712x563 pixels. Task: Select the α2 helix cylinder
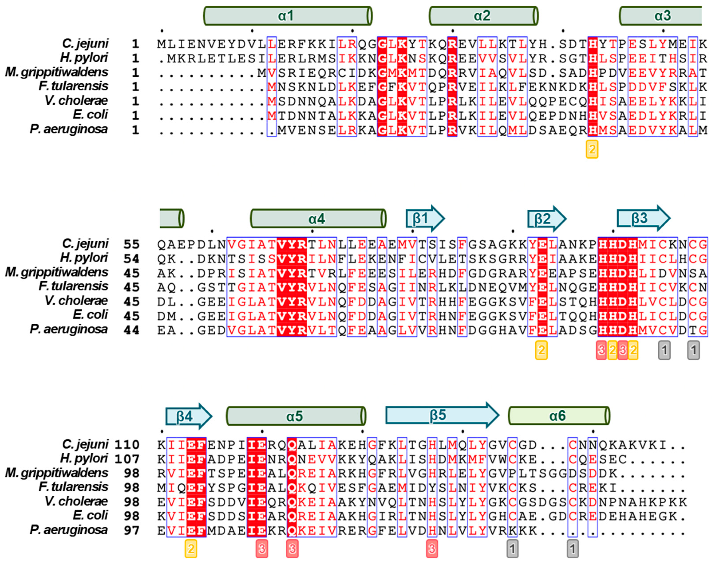point(483,16)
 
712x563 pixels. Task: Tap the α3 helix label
point(663,16)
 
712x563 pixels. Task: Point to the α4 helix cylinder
point(318,219)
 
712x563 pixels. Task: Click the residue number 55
point(131,244)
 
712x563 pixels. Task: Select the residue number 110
point(127,445)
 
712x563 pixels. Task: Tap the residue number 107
point(127,459)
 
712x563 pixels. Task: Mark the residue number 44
point(131,330)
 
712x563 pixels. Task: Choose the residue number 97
point(131,530)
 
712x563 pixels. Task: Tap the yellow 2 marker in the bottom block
point(191,549)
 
